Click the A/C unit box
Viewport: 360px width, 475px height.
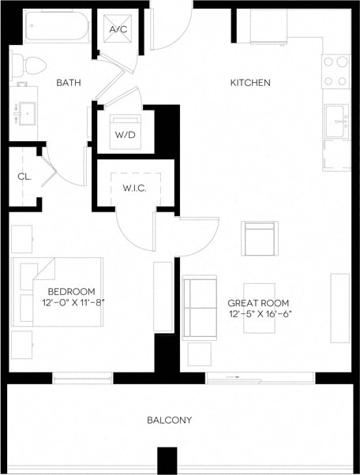coord(118,30)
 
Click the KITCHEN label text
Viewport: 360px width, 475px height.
coord(250,83)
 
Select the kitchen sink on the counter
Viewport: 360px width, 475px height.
coord(337,121)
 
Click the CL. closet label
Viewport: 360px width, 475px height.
coord(24,177)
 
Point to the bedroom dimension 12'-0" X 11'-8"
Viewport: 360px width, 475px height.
coord(73,301)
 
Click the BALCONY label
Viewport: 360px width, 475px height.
coord(169,420)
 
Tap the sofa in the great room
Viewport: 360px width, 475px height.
coord(199,307)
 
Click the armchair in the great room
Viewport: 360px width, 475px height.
coord(260,238)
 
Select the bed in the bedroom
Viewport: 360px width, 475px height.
coord(57,291)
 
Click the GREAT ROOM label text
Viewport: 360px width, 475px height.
coord(257,303)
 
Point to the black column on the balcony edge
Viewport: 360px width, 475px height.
coord(167,460)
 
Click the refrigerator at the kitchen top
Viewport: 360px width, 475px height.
coord(268,27)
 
